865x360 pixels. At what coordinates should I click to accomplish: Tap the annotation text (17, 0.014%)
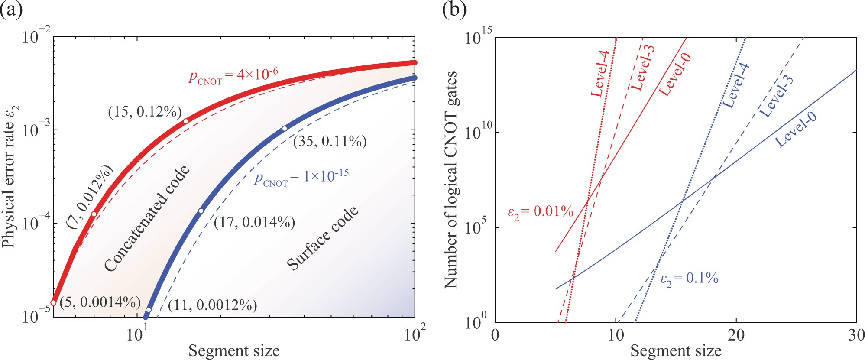[254, 223]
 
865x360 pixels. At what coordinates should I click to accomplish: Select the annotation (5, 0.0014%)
[100, 302]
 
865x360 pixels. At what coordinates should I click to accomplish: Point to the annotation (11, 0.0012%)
[212, 305]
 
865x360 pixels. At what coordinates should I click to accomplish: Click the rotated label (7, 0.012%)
[90, 197]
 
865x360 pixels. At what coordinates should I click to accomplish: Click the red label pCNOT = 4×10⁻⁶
[233, 76]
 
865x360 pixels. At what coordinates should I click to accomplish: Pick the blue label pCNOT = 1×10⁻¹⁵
[301, 178]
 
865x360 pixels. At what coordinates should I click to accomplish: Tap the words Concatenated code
[147, 218]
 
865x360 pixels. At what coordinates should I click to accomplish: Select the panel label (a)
[11, 9]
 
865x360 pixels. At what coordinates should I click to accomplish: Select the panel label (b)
[454, 9]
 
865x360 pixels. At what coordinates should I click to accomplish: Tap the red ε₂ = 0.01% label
[540, 212]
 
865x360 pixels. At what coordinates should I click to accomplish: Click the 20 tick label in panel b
[736, 335]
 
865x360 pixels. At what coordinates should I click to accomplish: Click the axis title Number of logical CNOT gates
[451, 180]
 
